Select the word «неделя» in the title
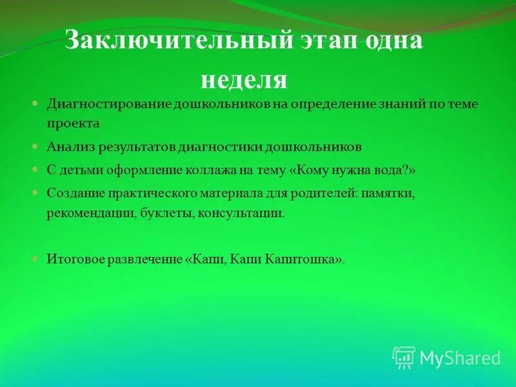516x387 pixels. tap(243, 80)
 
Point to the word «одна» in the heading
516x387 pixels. tap(394, 43)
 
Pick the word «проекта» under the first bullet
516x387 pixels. tap(73, 122)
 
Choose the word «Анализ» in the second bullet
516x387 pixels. tap(70, 146)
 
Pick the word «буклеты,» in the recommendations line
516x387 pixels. tap(169, 212)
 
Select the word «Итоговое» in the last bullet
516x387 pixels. tap(73, 259)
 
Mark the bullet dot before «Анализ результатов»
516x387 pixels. tap(35, 147)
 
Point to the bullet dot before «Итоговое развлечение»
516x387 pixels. tap(35, 259)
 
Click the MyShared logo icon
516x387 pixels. tap(404, 357)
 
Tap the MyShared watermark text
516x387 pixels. tap(460, 358)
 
